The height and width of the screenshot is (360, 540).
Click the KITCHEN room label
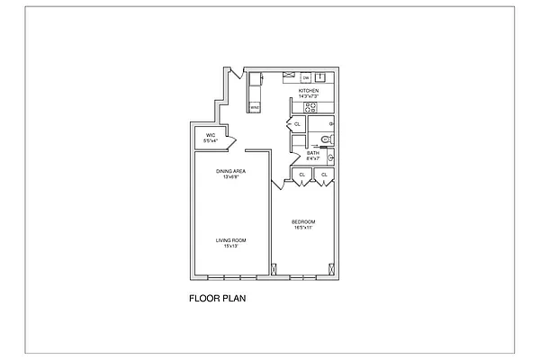click(309, 91)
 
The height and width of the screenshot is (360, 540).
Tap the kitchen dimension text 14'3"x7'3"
click(309, 96)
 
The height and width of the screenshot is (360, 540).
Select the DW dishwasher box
click(305, 77)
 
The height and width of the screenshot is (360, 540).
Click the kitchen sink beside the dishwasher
click(319, 77)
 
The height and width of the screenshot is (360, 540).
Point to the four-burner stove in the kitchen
click(310, 107)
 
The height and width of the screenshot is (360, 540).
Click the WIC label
click(209, 137)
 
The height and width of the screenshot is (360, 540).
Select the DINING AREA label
click(231, 170)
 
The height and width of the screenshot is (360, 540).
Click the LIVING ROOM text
click(231, 240)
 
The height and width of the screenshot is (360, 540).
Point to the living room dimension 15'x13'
click(231, 246)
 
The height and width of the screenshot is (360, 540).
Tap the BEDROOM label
click(303, 221)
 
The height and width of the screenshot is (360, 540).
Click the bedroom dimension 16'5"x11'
click(303, 227)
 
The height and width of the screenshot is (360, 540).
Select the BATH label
click(312, 153)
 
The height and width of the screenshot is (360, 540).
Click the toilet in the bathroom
click(327, 139)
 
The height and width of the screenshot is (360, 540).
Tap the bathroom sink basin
click(330, 158)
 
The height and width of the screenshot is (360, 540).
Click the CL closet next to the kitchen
click(297, 124)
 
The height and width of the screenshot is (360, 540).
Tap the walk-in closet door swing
click(229, 141)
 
